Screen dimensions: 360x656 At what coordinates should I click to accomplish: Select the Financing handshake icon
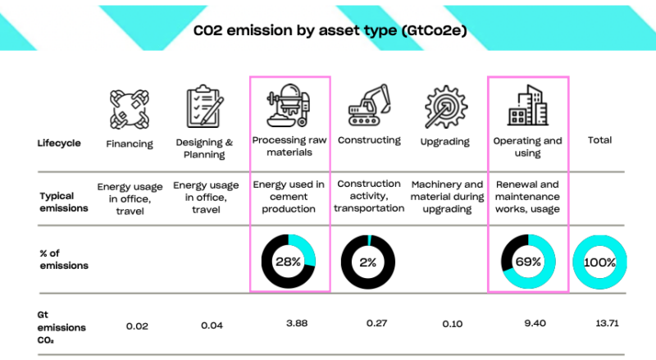point(130,107)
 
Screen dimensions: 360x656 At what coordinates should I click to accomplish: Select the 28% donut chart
point(289,262)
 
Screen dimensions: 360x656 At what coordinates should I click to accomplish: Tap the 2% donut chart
point(368,262)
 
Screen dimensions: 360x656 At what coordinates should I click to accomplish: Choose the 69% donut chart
point(528,262)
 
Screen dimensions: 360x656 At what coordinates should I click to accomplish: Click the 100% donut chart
point(600,262)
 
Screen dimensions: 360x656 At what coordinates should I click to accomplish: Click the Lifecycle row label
point(59,143)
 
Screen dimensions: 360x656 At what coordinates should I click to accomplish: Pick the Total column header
point(600,140)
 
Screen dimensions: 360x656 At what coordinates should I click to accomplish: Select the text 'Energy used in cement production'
point(289,197)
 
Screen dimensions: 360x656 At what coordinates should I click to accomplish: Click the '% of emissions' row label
point(62,260)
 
